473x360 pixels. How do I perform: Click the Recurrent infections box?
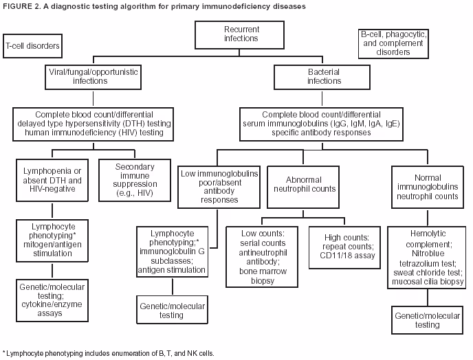pos(241,34)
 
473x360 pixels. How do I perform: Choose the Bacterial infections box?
pos(324,76)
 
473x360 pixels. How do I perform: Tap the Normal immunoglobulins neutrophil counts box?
pos(425,185)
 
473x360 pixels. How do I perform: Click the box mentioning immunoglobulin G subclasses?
pos(172,252)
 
